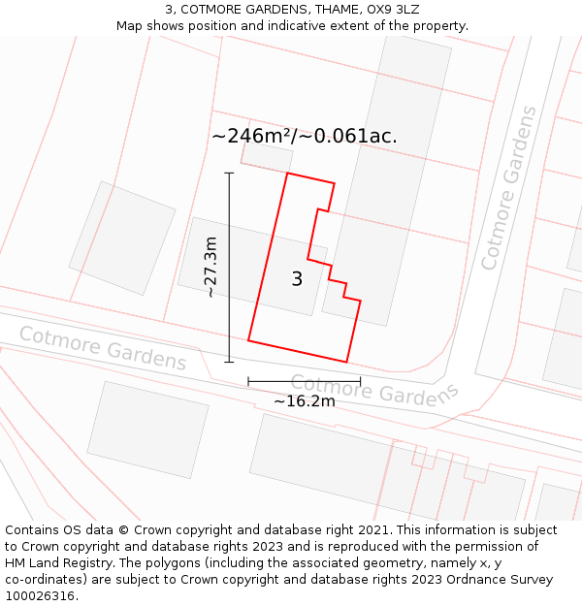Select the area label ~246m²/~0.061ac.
[x=305, y=136]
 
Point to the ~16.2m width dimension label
[x=304, y=401]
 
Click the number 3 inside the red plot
[x=297, y=279]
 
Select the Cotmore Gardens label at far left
[x=102, y=348]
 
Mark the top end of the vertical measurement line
[x=229, y=173]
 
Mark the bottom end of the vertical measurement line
[x=229, y=363]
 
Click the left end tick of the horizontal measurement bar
[x=248, y=381]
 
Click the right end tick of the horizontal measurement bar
[x=360, y=381]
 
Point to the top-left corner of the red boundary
[x=287, y=174]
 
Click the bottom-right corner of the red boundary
[x=347, y=363]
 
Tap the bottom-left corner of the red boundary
[x=248, y=340]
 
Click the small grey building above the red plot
[x=266, y=157]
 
